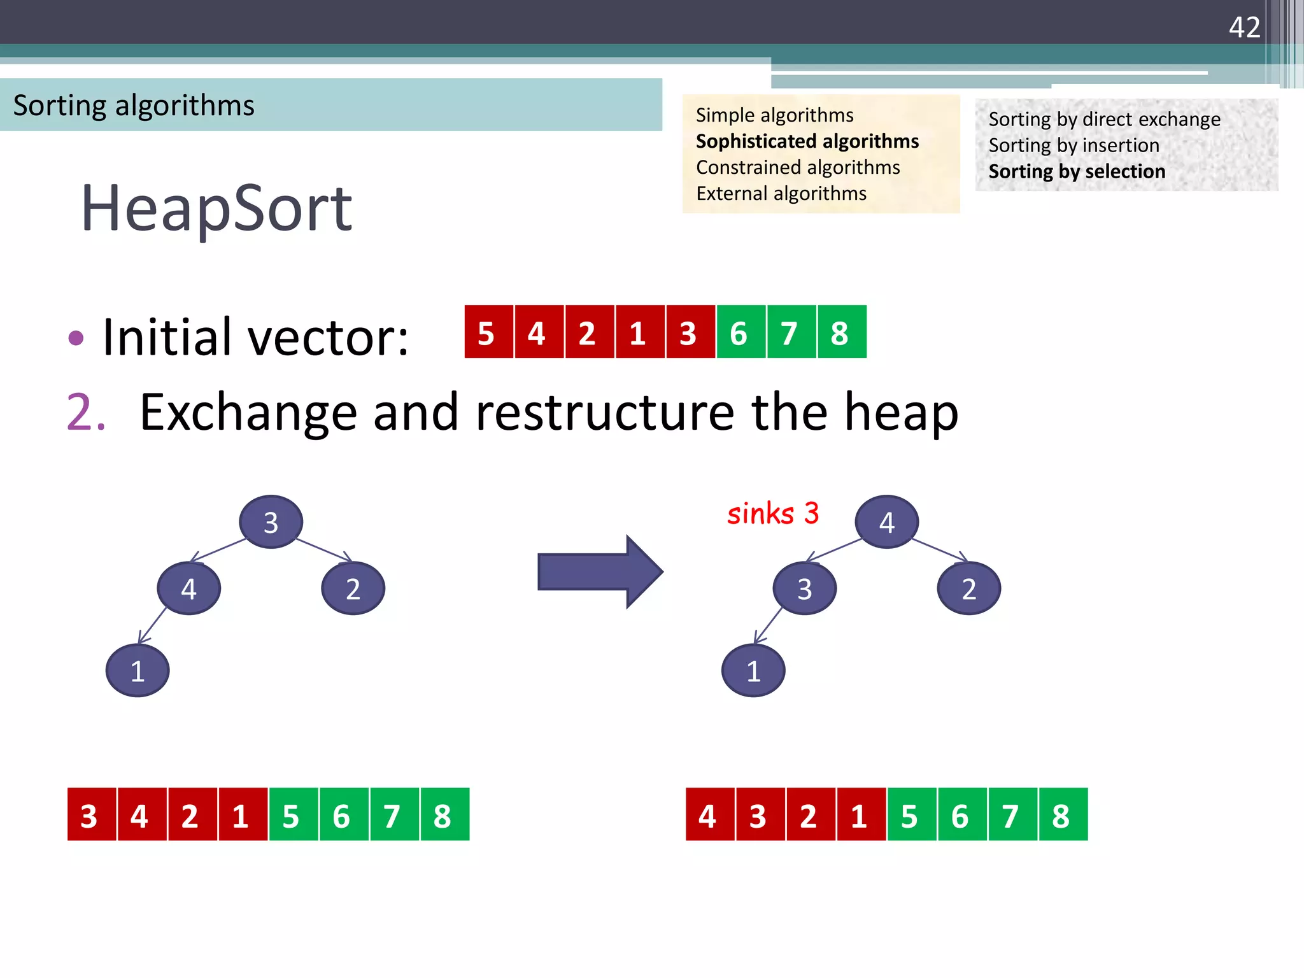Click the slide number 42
click(1244, 27)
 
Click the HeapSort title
click(216, 208)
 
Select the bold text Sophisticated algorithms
click(807, 141)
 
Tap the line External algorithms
click(781, 194)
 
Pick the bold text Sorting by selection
click(1077, 172)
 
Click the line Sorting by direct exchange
click(1104, 120)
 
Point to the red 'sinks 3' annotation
click(772, 513)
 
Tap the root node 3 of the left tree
click(271, 522)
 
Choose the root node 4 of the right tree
click(886, 522)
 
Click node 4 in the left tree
click(188, 588)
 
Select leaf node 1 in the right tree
click(753, 670)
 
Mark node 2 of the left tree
click(353, 588)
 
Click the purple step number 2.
click(85, 413)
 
